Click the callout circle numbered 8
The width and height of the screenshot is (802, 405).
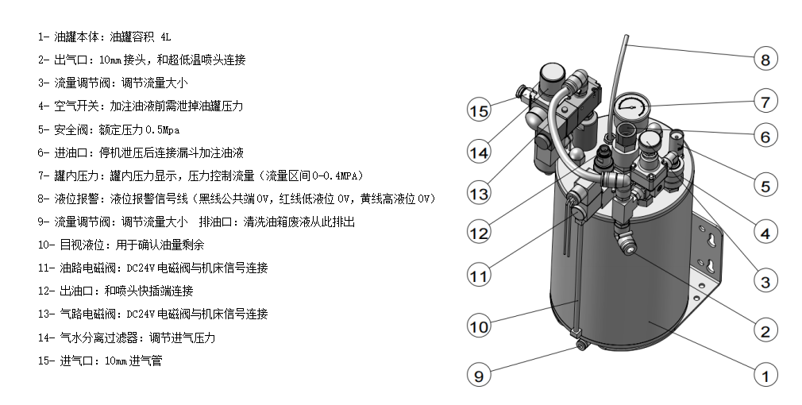[765, 58]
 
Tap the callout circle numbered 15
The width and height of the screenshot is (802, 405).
[478, 110]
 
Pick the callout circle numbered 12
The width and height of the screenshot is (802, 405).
[478, 234]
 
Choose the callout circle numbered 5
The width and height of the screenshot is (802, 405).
[765, 187]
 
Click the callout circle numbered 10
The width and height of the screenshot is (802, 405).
[478, 326]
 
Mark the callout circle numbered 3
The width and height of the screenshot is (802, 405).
[765, 281]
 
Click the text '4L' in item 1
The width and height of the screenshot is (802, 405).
[165, 37]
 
